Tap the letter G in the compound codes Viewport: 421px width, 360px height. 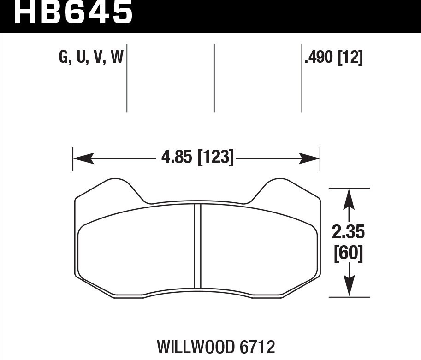point(63,58)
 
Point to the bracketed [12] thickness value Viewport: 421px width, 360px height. point(350,58)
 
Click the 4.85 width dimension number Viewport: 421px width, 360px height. point(177,158)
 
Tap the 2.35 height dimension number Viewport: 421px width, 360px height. point(348,232)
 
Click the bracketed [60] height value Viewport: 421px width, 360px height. point(348,254)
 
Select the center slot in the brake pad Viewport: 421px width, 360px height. point(197,247)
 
